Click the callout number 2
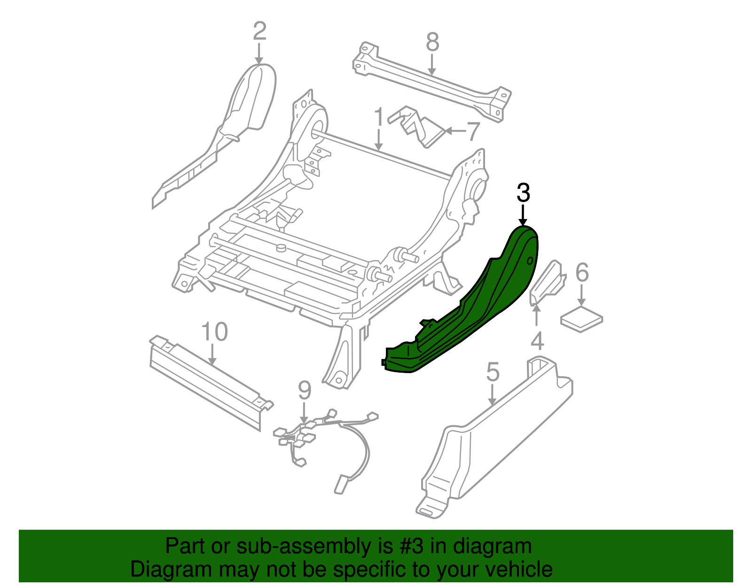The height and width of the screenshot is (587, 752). [x=259, y=31]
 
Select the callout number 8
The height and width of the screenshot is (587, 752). [x=432, y=42]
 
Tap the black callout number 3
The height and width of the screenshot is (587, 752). [x=523, y=193]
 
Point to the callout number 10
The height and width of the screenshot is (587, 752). [x=215, y=332]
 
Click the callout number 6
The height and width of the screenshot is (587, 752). [x=582, y=273]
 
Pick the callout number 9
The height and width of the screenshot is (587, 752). [x=305, y=391]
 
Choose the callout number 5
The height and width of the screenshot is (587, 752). [x=492, y=372]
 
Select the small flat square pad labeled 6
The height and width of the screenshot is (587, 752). [x=581, y=319]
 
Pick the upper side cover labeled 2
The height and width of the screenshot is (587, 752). [x=244, y=108]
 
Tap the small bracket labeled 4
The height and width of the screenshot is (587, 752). [x=548, y=282]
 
